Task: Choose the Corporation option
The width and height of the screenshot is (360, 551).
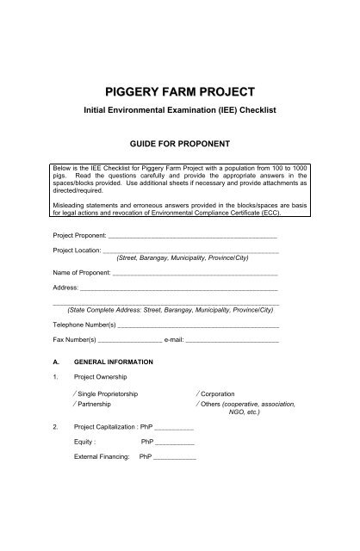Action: (197, 393)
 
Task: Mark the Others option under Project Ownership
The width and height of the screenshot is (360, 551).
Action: (197, 403)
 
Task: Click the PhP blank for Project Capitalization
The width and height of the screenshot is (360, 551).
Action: (173, 428)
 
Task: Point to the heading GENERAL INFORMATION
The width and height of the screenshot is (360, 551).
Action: (114, 362)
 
